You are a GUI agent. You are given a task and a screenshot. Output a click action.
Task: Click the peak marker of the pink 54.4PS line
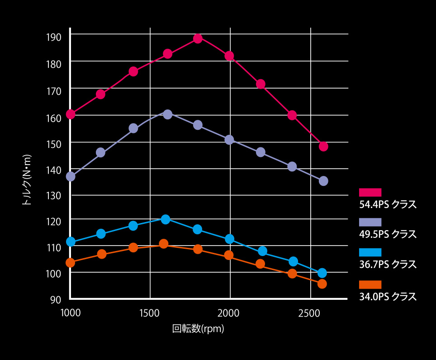[x=198, y=38]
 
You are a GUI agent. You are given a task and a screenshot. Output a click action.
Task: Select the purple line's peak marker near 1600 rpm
[x=167, y=114]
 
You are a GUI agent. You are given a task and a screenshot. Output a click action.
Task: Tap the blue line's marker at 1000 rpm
[x=71, y=242]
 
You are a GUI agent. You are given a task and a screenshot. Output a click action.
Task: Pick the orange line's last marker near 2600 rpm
[x=322, y=284]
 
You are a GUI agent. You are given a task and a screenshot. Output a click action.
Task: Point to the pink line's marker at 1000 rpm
[x=71, y=114]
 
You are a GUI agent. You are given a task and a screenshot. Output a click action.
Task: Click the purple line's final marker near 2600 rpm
[x=323, y=181]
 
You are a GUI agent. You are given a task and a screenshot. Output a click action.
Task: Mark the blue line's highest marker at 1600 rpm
[x=166, y=219]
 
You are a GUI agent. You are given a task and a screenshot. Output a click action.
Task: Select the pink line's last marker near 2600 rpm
[x=323, y=146]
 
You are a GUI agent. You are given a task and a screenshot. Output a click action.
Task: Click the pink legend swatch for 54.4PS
[x=370, y=192]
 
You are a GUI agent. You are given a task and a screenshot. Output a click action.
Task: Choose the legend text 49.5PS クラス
[x=387, y=234]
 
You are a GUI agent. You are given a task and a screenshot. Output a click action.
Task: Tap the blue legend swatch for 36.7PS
[x=370, y=252]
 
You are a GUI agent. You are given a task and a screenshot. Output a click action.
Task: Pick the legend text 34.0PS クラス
[x=387, y=297]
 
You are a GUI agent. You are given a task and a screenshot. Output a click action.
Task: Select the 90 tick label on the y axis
[x=56, y=299]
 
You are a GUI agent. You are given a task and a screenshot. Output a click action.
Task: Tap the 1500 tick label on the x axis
[x=150, y=313]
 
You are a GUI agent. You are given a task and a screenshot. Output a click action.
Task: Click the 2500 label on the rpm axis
[x=310, y=313]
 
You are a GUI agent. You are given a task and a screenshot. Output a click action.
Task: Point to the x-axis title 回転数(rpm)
[x=198, y=329]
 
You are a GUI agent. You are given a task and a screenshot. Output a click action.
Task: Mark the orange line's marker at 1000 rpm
[x=70, y=262]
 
